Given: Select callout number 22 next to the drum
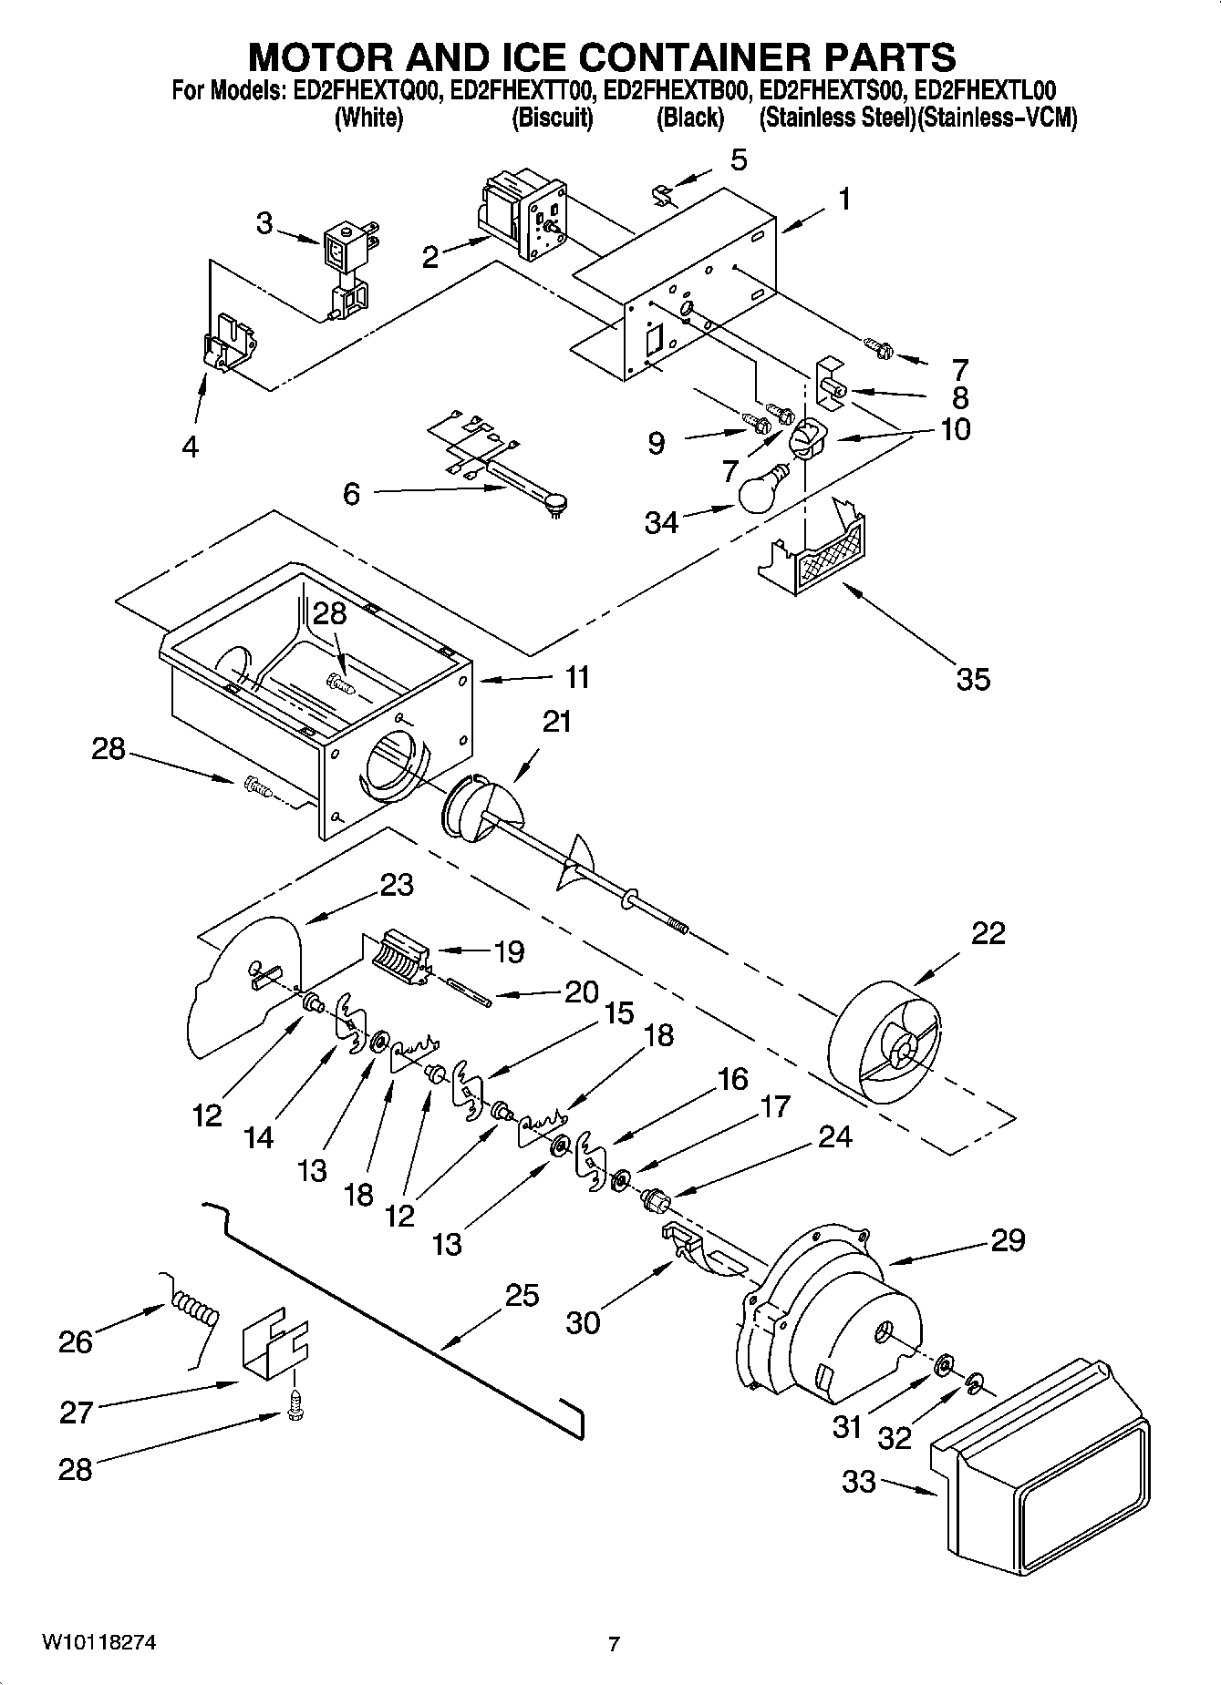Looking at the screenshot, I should coord(988,932).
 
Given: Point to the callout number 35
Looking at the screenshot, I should coord(973,679).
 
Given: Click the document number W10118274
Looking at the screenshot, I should coord(98,1643).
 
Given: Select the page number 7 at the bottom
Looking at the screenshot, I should coord(614,1645).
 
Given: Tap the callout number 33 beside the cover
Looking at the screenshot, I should coord(858,1482).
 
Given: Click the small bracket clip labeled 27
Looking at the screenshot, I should coord(274,1346).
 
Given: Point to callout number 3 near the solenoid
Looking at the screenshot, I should coord(264,223).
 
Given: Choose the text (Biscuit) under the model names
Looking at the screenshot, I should coord(552,118).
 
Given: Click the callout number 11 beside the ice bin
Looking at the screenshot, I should coord(576,677).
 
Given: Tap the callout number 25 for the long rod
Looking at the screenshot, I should coord(523,1295).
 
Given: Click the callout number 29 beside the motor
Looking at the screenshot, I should coord(1008,1239).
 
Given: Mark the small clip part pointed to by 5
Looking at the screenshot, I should coord(663,194).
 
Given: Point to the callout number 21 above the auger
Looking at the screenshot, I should coord(556,721).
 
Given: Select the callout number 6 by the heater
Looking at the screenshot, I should coord(352,493).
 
